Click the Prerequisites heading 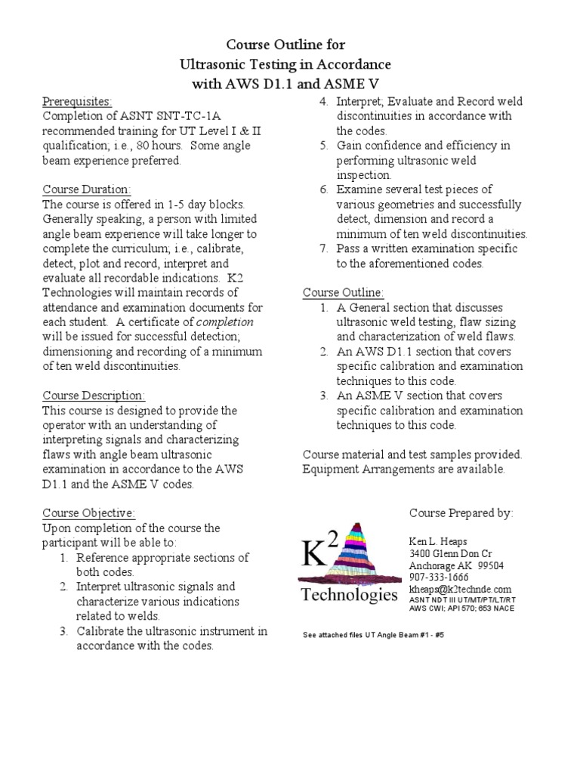click(77, 101)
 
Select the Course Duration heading click(86, 189)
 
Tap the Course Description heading click(94, 396)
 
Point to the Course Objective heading click(88, 513)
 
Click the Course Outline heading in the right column click(343, 292)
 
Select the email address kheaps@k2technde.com click(460, 589)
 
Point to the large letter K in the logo click(316, 555)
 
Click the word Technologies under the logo click(349, 596)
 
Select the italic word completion click(227, 322)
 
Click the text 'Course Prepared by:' click(461, 513)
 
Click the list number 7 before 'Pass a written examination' click(322, 248)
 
